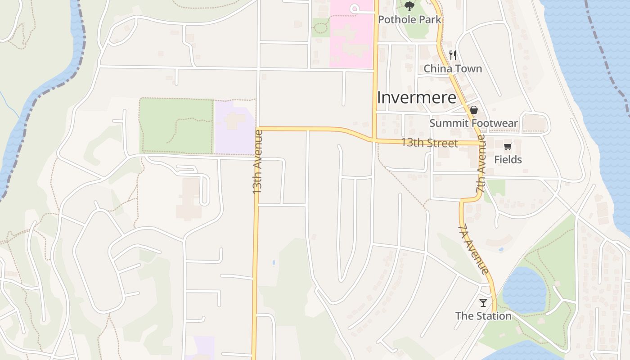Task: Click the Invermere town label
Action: [416, 98]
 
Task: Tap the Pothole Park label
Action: [409, 20]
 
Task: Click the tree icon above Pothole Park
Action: [409, 6]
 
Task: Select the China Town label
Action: [453, 69]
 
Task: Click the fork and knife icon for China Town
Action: [453, 55]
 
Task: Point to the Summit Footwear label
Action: [473, 123]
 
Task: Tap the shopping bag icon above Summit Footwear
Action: [473, 110]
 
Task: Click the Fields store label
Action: [508, 160]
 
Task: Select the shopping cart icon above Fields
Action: [508, 146]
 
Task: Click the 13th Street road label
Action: [429, 143]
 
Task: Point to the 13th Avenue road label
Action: [257, 162]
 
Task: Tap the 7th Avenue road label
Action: [481, 164]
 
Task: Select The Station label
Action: [483, 316]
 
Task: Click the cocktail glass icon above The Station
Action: [483, 302]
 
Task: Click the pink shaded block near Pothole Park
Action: [351, 36]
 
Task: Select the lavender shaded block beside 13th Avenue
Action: [235, 128]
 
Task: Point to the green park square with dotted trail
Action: [176, 126]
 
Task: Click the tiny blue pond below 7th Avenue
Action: [501, 249]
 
